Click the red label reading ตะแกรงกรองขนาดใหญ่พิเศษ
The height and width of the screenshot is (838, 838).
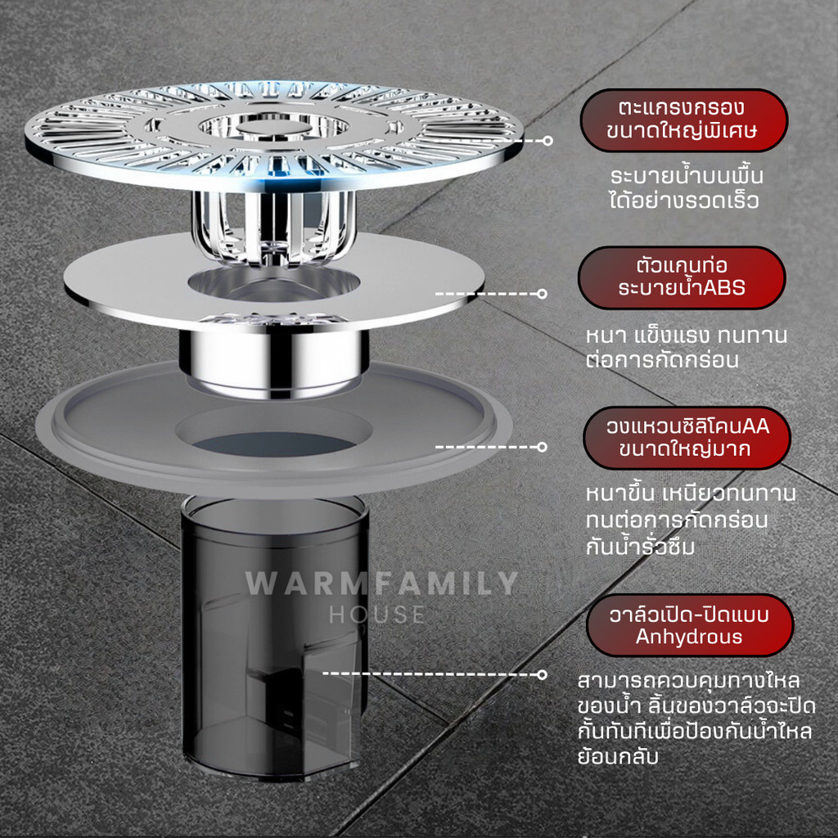tap(683, 120)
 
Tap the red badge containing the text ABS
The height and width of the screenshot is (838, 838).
tap(682, 277)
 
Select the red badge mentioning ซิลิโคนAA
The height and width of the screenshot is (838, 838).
tap(687, 438)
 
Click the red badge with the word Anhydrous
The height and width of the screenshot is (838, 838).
tap(690, 625)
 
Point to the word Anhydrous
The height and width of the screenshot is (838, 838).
tap(689, 637)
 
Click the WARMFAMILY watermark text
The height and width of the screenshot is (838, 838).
tap(381, 583)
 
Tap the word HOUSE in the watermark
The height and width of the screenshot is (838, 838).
tap(377, 615)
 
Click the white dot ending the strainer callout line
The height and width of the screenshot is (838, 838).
tap(547, 141)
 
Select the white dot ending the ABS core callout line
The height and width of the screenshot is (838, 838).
tap(542, 294)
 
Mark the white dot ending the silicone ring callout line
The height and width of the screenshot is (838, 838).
tap(542, 447)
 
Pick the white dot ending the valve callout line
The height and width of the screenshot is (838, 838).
tap(542, 674)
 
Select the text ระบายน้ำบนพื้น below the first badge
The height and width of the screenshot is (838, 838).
tap(687, 175)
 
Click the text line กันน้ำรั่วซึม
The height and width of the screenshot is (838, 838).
tap(640, 546)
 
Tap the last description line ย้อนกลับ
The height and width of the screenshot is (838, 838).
tap(618, 757)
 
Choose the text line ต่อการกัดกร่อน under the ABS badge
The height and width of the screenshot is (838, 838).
tap(662, 360)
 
